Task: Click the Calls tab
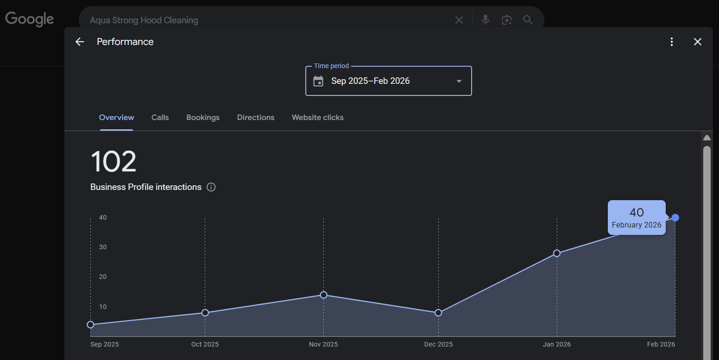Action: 160,118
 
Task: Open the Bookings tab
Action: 203,118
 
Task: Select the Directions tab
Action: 256,118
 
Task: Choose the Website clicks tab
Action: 317,118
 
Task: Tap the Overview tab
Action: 116,118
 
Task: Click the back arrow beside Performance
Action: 80,42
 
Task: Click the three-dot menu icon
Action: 671,42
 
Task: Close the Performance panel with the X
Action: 697,42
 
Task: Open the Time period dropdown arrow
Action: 459,81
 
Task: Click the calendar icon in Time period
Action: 318,81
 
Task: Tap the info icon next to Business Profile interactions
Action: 211,187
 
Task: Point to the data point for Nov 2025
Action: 323,295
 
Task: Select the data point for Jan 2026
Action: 557,253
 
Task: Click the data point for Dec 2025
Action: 438,313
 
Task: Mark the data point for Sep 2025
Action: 90,325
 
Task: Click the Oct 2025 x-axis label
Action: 205,344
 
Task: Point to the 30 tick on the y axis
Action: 102,247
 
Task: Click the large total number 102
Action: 114,162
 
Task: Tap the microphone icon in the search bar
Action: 485,20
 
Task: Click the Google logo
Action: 30,19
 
